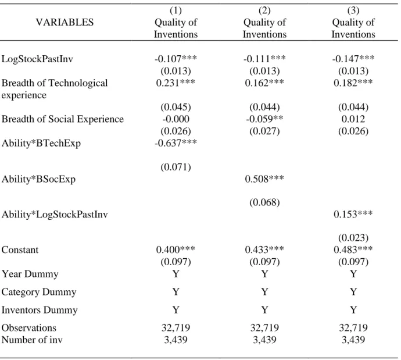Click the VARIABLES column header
[x=65, y=22]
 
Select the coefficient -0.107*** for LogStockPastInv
[x=176, y=59]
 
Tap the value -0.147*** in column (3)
[x=353, y=59]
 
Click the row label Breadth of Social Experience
[x=63, y=119]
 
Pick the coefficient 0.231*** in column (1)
[x=176, y=83]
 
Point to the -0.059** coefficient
[x=264, y=119]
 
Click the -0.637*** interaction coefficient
[x=176, y=143]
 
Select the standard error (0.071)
[x=176, y=167]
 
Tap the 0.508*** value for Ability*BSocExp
[x=264, y=179]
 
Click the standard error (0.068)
[x=264, y=202]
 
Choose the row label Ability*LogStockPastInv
[x=55, y=215]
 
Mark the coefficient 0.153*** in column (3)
[x=353, y=214]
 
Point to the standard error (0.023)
[x=353, y=238]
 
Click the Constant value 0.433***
[x=264, y=249]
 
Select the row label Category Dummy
[x=39, y=292]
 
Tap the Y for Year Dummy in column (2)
[x=264, y=274]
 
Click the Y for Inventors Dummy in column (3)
[x=353, y=310]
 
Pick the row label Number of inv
[x=32, y=340]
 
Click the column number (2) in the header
[x=264, y=10]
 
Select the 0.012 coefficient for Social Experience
[x=353, y=119]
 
